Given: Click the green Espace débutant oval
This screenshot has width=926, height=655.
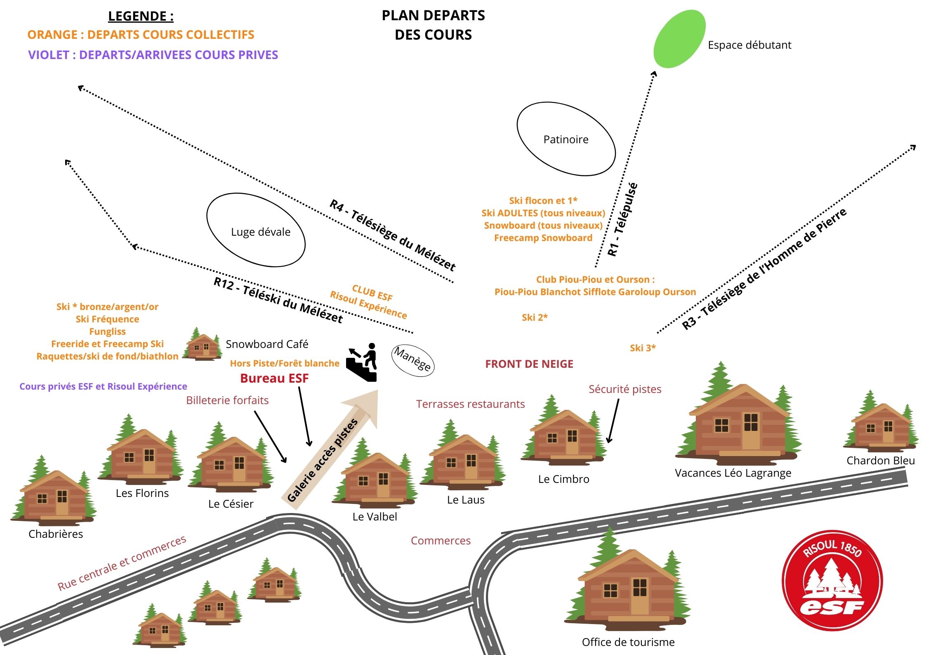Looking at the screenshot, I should [x=679, y=39].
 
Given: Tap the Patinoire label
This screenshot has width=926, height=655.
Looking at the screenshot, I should [x=566, y=140].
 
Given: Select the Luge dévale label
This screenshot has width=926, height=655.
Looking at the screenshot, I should [x=260, y=232].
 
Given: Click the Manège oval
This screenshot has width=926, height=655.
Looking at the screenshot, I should [x=412, y=359].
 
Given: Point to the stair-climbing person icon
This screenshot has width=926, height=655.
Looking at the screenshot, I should [x=363, y=362].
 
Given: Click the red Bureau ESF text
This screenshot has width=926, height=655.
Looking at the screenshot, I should [x=274, y=378].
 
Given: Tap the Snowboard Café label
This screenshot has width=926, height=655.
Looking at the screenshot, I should [x=267, y=344].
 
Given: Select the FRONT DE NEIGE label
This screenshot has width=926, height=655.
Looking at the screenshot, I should [x=529, y=364].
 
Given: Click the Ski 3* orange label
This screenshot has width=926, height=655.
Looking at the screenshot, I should [x=643, y=348].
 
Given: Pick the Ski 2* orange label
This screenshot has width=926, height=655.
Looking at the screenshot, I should [x=535, y=317].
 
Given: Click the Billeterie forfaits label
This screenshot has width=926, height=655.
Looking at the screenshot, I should [x=227, y=400].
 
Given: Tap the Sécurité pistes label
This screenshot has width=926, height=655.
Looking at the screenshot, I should [x=625, y=389].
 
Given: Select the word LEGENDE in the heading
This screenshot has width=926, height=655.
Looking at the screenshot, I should [x=137, y=16].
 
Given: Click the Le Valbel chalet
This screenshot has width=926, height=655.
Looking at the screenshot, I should [x=375, y=479].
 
